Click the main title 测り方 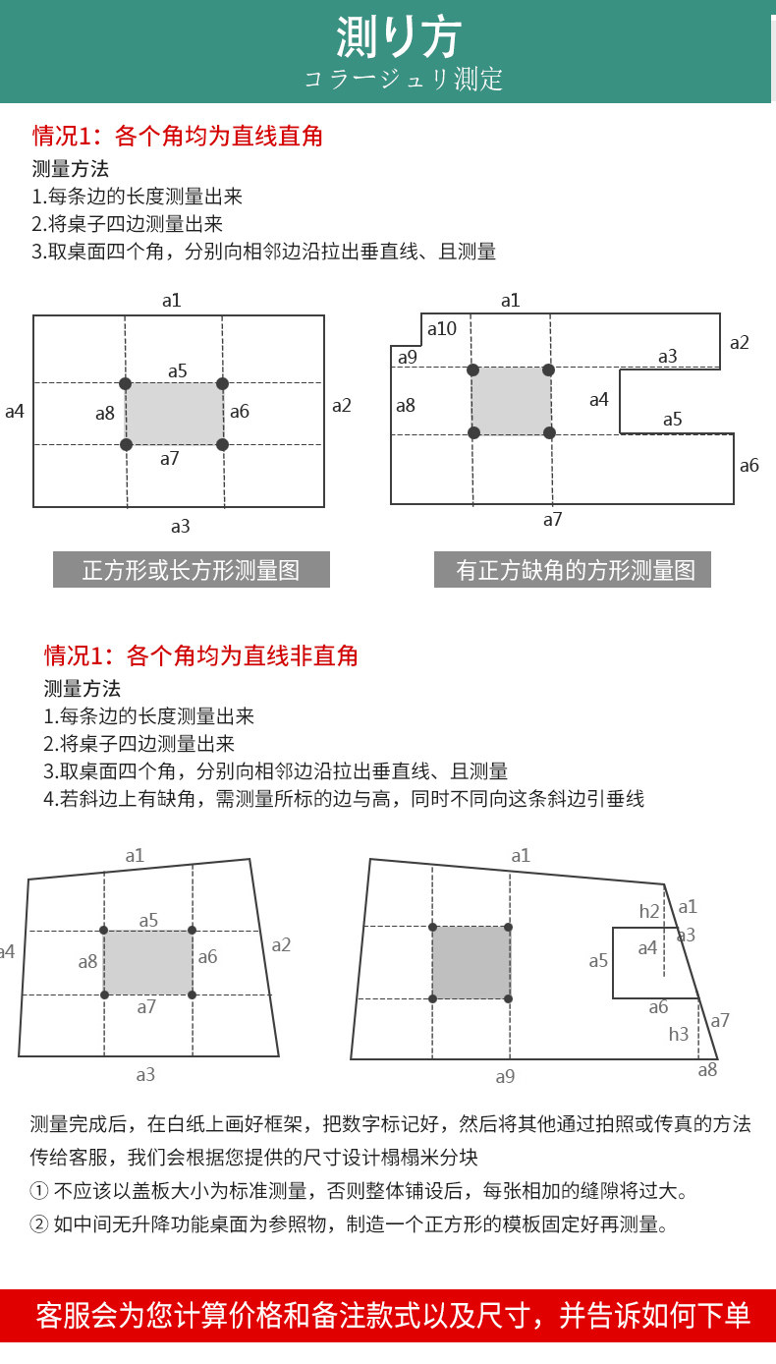[x=397, y=37]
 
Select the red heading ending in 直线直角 [x=178, y=135]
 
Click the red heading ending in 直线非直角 [x=201, y=654]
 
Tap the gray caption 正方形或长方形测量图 [x=191, y=570]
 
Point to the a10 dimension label [x=441, y=328]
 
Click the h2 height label [x=649, y=911]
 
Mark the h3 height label [x=679, y=1034]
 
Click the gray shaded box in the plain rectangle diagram [x=174, y=414]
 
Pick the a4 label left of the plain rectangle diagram [x=15, y=411]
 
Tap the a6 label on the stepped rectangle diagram [x=748, y=465]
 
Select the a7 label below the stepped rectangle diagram [x=553, y=519]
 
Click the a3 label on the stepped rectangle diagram [x=668, y=356]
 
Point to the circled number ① [x=39, y=1191]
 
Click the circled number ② [x=39, y=1224]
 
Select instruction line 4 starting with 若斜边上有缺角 [x=344, y=798]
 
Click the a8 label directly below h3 [x=707, y=1069]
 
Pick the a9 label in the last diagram [x=505, y=1076]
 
